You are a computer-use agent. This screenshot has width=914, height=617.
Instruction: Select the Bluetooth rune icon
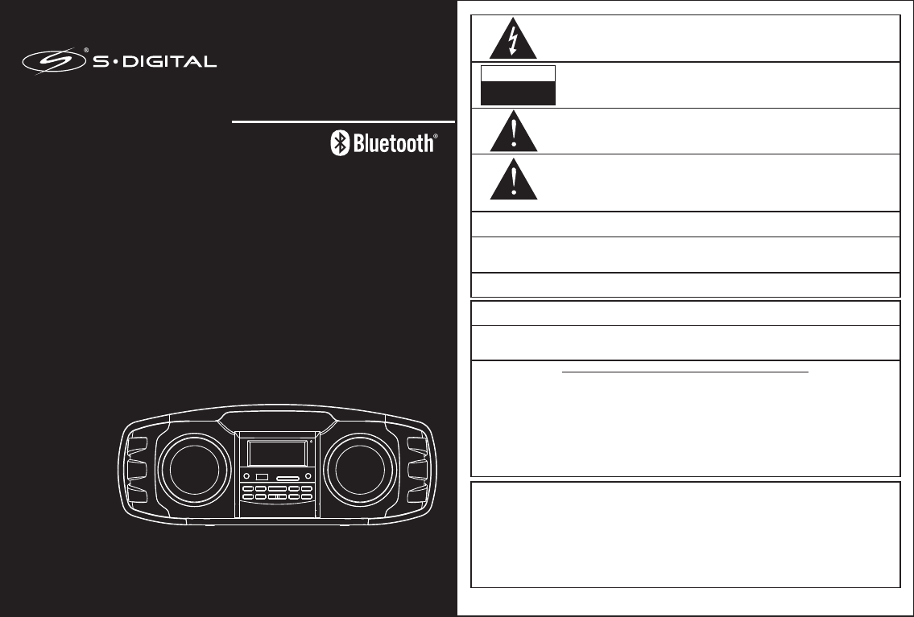click(340, 144)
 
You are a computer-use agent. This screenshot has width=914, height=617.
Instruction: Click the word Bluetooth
click(393, 144)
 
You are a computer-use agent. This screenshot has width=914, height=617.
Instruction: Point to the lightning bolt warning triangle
click(514, 39)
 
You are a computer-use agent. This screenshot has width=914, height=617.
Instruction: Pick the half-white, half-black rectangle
click(518, 85)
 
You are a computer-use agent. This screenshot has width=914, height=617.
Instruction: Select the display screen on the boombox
click(276, 454)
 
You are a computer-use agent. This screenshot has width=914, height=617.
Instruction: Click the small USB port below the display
click(262, 479)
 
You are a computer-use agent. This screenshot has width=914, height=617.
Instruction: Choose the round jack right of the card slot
click(308, 479)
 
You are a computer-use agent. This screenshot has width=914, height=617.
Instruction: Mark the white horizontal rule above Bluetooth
click(344, 122)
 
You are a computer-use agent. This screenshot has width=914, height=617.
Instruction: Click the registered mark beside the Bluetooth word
click(436, 138)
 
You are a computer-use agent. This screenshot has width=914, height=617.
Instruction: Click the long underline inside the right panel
click(684, 372)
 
